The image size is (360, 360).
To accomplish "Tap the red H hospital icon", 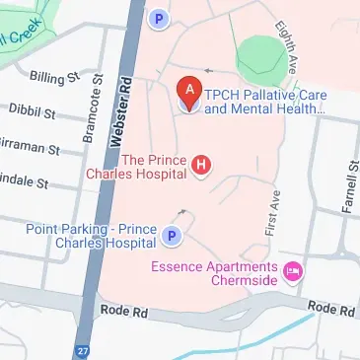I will click(x=202, y=165).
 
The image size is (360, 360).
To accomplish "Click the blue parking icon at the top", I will click(x=156, y=17).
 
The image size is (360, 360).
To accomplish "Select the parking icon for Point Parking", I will click(x=172, y=237).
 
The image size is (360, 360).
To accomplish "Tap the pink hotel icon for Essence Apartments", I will click(x=292, y=269).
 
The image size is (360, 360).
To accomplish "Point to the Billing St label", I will click(x=54, y=77).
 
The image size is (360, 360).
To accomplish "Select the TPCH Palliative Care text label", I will click(x=264, y=103).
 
